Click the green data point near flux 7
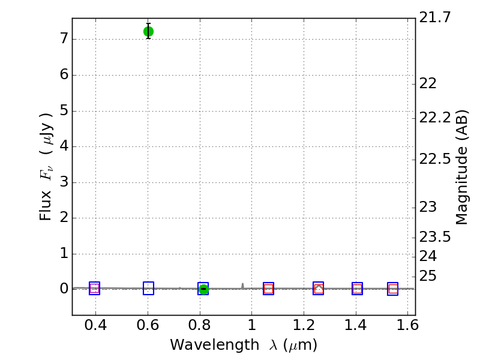pos(148,31)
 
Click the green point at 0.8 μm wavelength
pos(203,289)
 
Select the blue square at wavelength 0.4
pos(94,289)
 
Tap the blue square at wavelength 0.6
pos(148,289)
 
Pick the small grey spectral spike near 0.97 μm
pos(242,285)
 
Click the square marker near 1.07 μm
pos(268,289)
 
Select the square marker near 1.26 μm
pos(319,289)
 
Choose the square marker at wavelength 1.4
pos(357,289)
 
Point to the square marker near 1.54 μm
pos(393,289)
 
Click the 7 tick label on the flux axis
pos(63,40)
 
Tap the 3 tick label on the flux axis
pos(63,182)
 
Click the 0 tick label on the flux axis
pos(63,289)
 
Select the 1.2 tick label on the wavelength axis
pos(304,325)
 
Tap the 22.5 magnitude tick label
pos(435,160)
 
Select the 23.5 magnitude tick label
pos(435,237)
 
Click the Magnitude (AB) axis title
pos(461,167)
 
